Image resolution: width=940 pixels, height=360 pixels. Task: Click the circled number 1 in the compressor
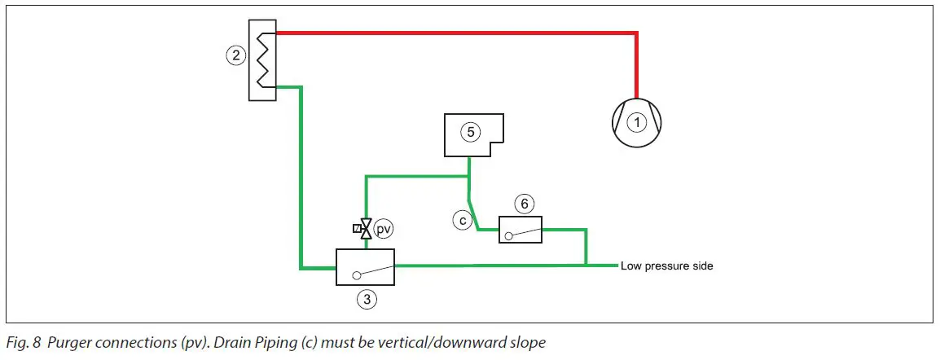click(636, 122)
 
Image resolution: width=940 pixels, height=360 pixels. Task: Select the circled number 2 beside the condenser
click(235, 55)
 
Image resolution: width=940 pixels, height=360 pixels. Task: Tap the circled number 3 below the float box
click(367, 299)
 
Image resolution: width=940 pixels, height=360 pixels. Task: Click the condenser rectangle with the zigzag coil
click(262, 61)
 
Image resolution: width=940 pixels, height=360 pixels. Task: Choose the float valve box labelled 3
click(365, 266)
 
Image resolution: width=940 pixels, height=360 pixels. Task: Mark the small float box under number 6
click(521, 230)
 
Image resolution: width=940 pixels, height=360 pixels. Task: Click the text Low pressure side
click(666, 266)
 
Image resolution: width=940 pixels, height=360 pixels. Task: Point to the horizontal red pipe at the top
click(456, 33)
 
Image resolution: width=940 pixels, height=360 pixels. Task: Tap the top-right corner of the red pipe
click(636, 34)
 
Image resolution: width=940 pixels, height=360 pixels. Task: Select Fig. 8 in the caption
click(23, 343)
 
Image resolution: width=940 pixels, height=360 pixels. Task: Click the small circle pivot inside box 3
click(357, 275)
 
